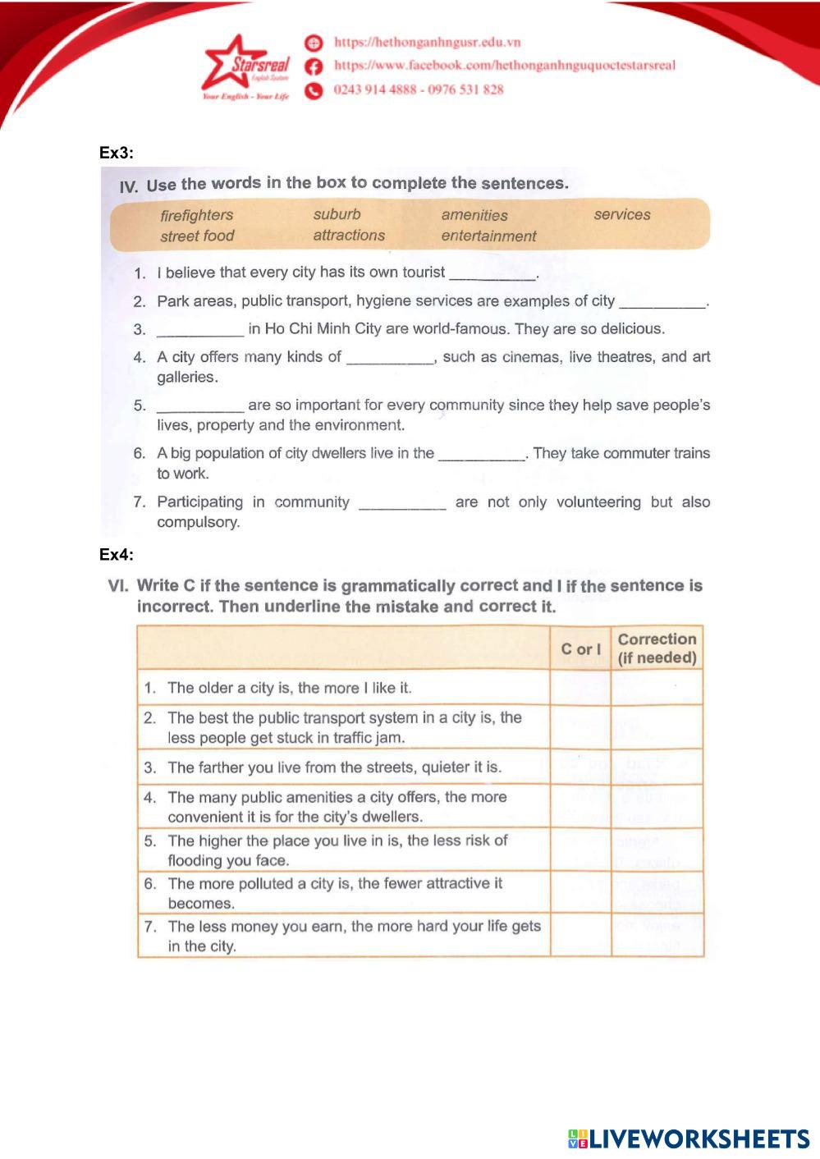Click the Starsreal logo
pos(245,69)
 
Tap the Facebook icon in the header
pos(313,66)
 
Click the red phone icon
pos(313,90)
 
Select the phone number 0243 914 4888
pos(374,89)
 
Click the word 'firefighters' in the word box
pos(197,215)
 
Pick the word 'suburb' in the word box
pos(337,214)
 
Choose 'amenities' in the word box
pos(474,215)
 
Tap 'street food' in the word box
pos(197,236)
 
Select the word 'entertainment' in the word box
pos(488,236)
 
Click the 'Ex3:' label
pos(116,153)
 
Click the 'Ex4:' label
pos(116,555)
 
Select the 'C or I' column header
pos(580,649)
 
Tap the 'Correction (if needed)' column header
pos(657,648)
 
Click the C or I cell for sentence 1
pos(580,688)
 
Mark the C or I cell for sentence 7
pos(580,936)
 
